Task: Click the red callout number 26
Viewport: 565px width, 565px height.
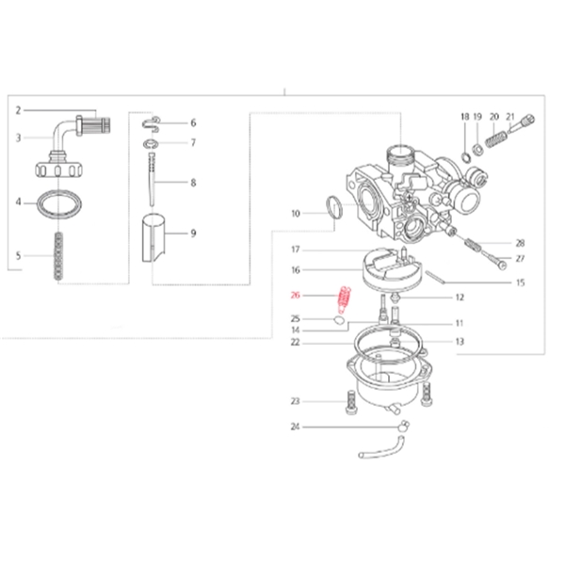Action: tap(295, 296)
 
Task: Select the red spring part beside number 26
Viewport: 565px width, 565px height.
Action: tap(344, 299)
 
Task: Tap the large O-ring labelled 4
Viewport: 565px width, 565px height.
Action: tap(59, 204)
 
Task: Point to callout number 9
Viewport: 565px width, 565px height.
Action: tap(193, 234)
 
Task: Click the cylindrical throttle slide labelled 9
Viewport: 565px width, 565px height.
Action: tap(153, 238)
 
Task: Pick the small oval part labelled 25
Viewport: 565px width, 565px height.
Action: tap(338, 319)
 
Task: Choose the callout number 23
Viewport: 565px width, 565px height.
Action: tap(295, 401)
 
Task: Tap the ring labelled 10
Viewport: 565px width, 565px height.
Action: tap(333, 207)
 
